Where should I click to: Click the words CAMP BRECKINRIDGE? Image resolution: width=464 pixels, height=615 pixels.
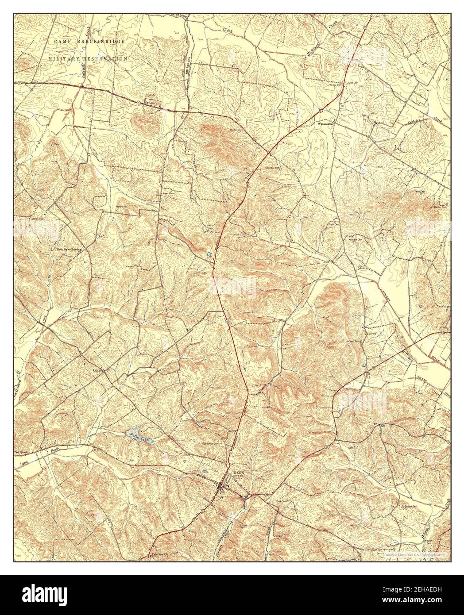tap(89, 41)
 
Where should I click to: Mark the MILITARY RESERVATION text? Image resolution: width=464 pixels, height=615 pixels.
tap(88, 58)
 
